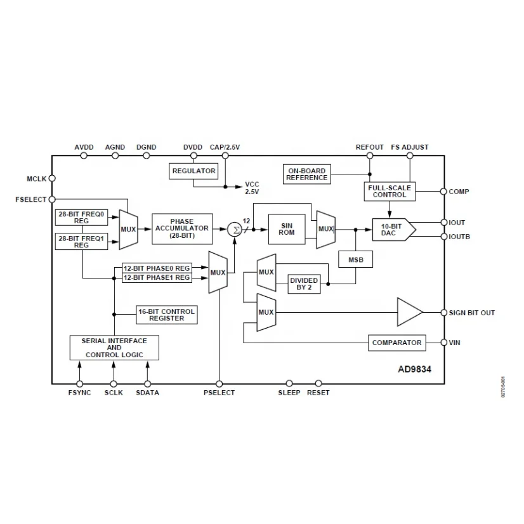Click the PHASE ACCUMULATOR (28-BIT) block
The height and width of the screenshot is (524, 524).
click(181, 228)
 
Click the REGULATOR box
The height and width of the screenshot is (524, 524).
click(193, 171)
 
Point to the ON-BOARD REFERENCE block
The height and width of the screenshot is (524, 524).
click(306, 174)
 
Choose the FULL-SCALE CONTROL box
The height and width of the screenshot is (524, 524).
click(390, 191)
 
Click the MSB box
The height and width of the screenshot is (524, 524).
click(355, 259)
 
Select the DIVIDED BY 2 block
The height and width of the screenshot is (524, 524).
click(304, 284)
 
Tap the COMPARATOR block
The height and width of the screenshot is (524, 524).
click(396, 343)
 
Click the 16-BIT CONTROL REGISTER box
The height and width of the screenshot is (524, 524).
click(166, 315)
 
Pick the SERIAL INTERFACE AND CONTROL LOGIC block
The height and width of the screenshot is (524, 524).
click(114, 348)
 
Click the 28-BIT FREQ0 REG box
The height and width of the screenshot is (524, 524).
click(81, 218)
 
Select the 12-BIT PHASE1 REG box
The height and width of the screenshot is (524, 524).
click(156, 277)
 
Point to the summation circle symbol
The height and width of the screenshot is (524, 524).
click(235, 229)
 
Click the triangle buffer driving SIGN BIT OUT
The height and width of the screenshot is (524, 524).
click(409, 312)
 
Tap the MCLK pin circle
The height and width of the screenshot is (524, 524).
click(52, 179)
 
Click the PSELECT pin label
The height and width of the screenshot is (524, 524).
click(219, 393)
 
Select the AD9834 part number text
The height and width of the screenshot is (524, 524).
click(416, 368)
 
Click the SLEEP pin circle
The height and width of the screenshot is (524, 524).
click(289, 383)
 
